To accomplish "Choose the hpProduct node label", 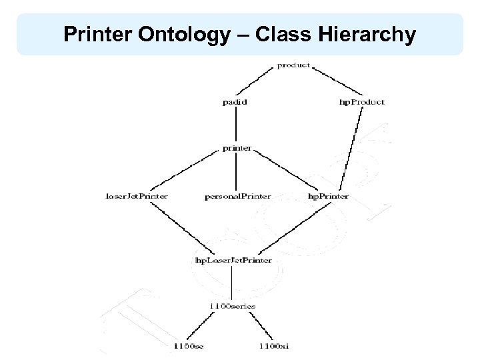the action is pos(362,102).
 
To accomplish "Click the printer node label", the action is pos(237,148).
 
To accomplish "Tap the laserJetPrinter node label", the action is pos(137,197).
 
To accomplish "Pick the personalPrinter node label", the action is pos(237,197).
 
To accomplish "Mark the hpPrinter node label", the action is pos(327,197).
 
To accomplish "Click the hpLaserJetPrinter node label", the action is pos(232,260).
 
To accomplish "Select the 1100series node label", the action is pos(232,306).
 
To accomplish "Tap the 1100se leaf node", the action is pos(189,346).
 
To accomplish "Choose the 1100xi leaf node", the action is pos(273,346).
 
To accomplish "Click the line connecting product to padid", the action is pos(261,83).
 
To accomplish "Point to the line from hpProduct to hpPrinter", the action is pos(351,149).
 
